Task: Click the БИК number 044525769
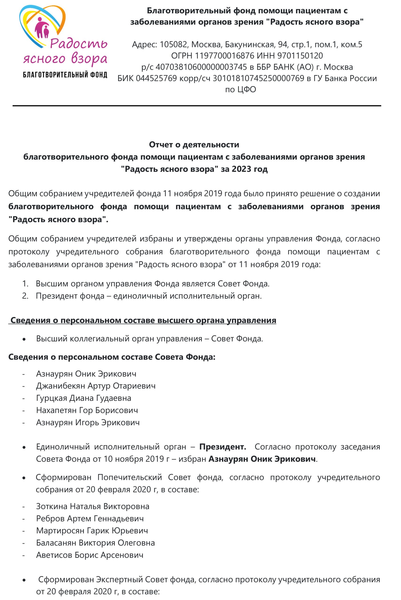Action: [156, 78]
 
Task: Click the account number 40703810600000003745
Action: [201, 67]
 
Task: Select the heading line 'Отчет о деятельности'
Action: [194, 145]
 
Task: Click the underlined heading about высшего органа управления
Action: [143, 320]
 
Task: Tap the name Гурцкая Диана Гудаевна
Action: [84, 398]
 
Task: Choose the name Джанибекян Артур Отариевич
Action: [96, 386]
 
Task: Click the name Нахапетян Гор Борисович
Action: [87, 410]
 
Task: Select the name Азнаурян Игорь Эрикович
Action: [88, 422]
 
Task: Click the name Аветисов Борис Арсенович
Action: [90, 555]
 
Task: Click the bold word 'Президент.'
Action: [223, 447]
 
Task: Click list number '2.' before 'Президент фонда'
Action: [25, 296]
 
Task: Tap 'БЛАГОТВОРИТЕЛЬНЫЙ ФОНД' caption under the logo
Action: [65, 75]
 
